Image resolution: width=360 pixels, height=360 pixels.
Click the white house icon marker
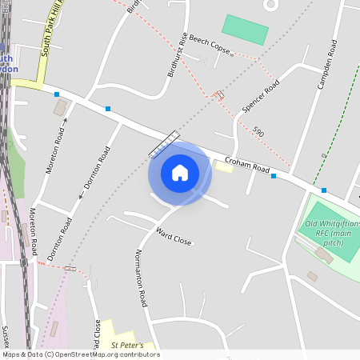pyautogui.click(x=180, y=173)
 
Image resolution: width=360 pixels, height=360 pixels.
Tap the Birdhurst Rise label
pyautogui.click(x=177, y=54)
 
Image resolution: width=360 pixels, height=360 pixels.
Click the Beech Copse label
pyautogui.click(x=210, y=49)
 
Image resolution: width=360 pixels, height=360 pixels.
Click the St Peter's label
pyautogui.click(x=126, y=346)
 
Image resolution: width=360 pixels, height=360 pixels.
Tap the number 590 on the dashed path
pyautogui.click(x=258, y=130)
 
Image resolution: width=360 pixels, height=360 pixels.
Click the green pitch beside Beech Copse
pyautogui.click(x=245, y=30)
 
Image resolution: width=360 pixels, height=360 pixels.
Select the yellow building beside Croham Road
pyautogui.click(x=224, y=166)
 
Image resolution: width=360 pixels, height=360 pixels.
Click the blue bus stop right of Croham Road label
pyautogui.click(x=274, y=176)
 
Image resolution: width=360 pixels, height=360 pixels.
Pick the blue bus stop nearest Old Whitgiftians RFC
pyautogui.click(x=324, y=190)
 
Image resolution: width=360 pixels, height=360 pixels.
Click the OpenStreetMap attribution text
pyautogui.click(x=80, y=354)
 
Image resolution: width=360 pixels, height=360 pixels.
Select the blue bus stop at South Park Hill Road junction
pyautogui.click(x=57, y=94)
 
